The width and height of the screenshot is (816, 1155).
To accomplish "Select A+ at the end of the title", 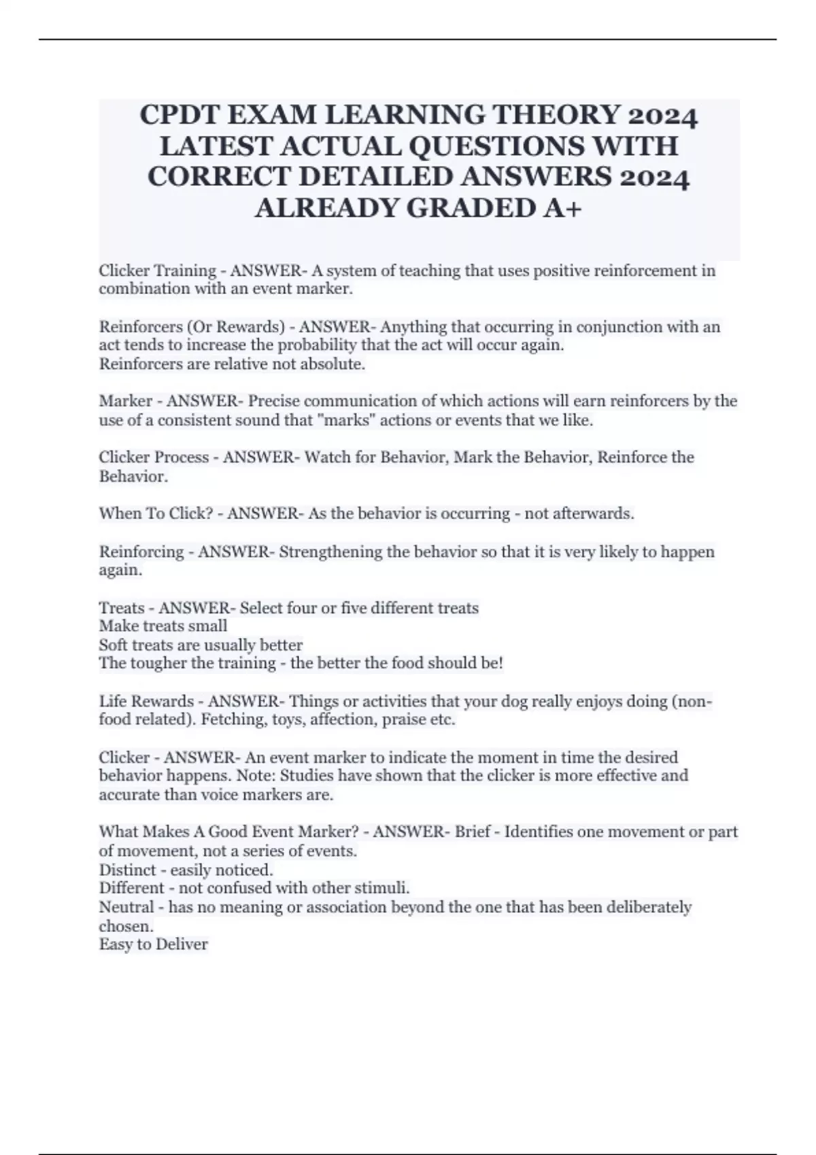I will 562,207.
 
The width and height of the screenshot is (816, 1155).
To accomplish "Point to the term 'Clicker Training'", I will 157,270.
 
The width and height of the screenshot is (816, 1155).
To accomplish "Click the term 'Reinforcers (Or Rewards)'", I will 192,327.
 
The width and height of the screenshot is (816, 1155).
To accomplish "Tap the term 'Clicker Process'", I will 154,457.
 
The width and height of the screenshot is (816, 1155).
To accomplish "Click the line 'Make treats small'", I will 163,626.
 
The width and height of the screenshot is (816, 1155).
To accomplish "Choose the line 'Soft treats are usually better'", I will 201,645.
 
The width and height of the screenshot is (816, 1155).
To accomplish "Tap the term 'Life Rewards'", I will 146,701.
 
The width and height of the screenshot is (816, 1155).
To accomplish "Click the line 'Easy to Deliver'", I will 154,944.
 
